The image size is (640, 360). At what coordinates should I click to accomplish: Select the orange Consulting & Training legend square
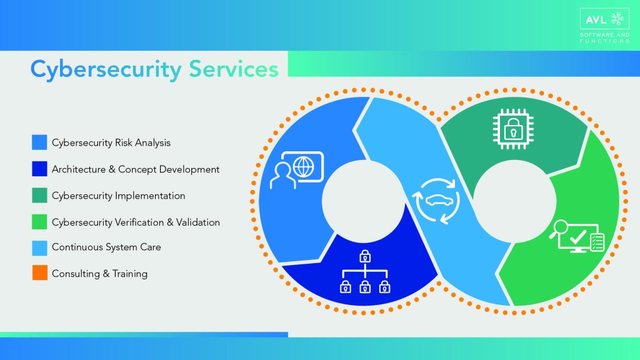(39, 273)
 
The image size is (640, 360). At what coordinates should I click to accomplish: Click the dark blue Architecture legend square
(39, 169)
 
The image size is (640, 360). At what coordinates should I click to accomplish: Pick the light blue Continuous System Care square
(39, 247)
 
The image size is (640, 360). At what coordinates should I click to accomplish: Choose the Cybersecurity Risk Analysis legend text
(111, 142)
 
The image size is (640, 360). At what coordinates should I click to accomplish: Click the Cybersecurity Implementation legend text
(119, 196)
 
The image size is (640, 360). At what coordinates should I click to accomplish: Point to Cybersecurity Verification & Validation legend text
(136, 222)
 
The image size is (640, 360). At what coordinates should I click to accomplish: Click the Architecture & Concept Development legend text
(136, 169)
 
